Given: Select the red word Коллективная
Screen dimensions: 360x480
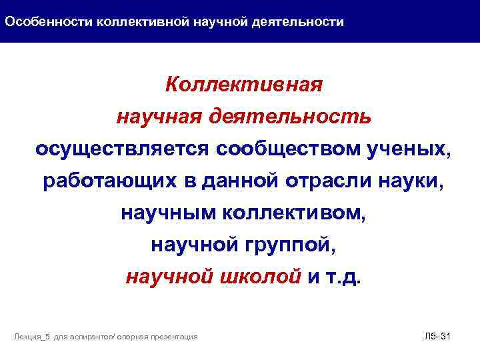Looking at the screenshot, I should point(244,85).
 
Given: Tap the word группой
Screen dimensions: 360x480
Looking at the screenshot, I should point(289,245).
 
